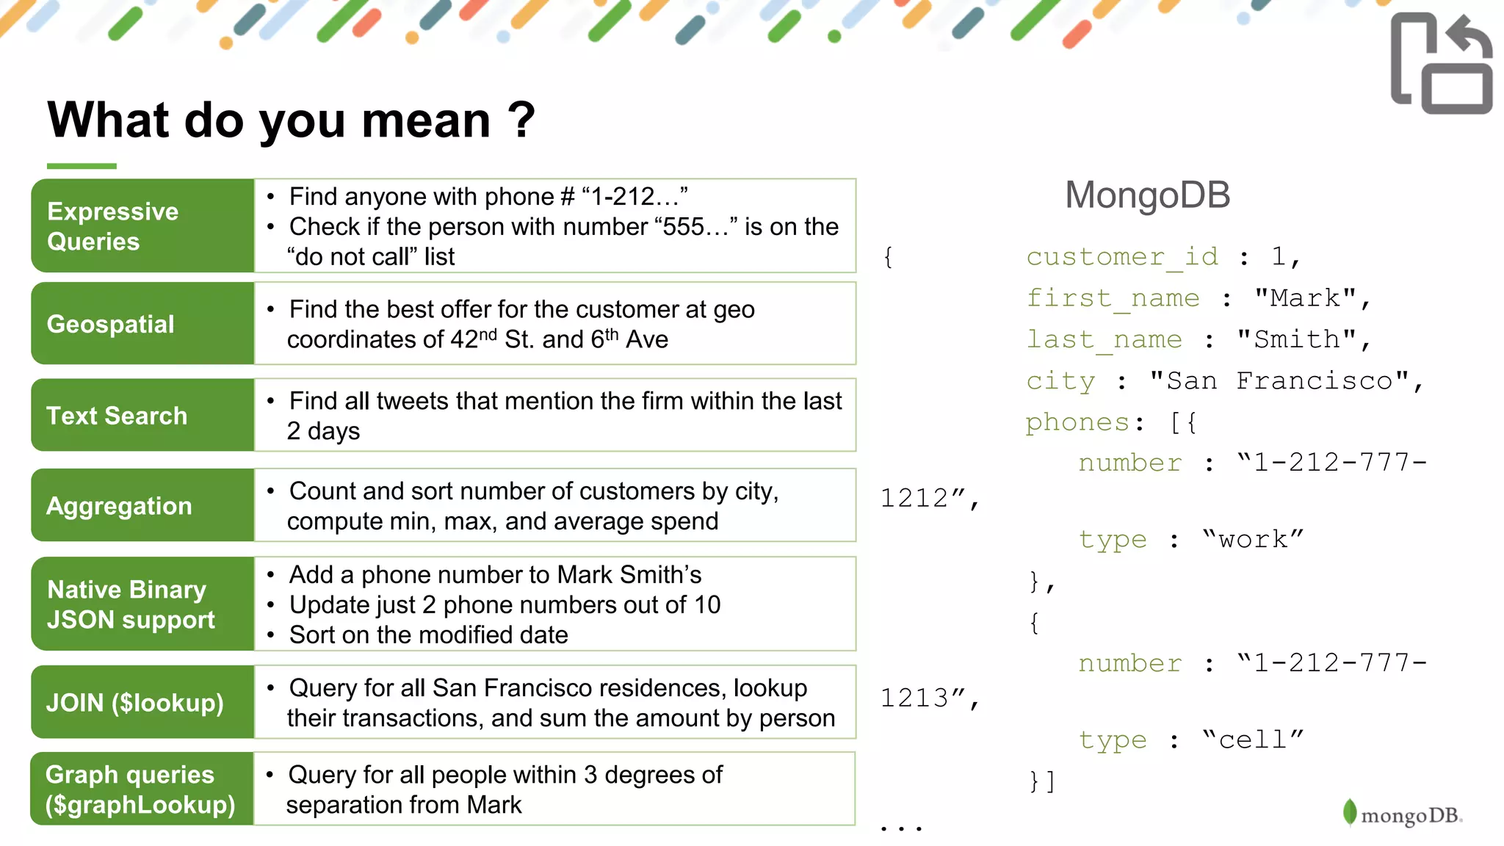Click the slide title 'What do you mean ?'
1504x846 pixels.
pyautogui.click(x=291, y=120)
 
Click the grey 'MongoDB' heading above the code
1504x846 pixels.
pyautogui.click(x=1147, y=195)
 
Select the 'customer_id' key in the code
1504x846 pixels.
pyautogui.click(x=1121, y=256)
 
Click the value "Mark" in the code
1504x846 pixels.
pyautogui.click(x=1305, y=298)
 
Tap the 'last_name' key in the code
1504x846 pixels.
pyautogui.click(x=1104, y=339)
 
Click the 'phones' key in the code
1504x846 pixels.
pyautogui.click(x=1077, y=422)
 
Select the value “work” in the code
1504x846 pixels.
pyautogui.click(x=1253, y=539)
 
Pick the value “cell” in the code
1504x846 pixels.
pyautogui.click(x=1253, y=740)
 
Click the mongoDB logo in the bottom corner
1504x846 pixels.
pyautogui.click(x=1403, y=814)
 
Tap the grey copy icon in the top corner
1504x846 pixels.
pyautogui.click(x=1441, y=64)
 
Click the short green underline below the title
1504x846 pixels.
pyautogui.click(x=82, y=166)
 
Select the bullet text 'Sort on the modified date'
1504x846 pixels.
pyautogui.click(x=428, y=635)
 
